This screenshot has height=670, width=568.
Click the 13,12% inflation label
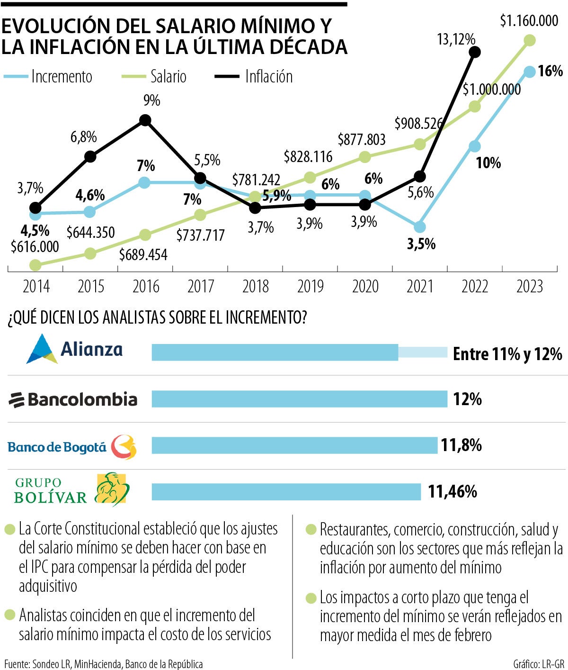pos(456,39)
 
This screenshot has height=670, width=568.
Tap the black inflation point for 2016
pos(145,120)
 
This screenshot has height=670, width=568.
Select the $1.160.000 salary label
pos(529,21)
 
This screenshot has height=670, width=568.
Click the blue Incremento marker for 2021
pos(419,227)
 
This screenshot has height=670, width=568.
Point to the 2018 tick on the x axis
pos(256,287)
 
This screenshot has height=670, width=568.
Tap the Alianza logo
pos(74,349)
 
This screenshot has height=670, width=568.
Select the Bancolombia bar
pos(299,399)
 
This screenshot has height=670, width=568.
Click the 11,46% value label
pos(453,492)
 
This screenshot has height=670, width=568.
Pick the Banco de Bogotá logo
pos(72,447)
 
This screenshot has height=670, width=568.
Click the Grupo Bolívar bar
pos(286,492)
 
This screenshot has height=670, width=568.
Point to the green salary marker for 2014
pos(35,264)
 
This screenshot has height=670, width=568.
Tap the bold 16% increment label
pos(550,72)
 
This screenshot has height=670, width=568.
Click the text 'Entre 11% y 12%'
pos(507,354)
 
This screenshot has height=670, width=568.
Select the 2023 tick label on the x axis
pos(530,287)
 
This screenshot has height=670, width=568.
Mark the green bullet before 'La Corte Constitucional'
pos(9,529)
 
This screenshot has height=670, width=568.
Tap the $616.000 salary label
pos(35,246)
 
